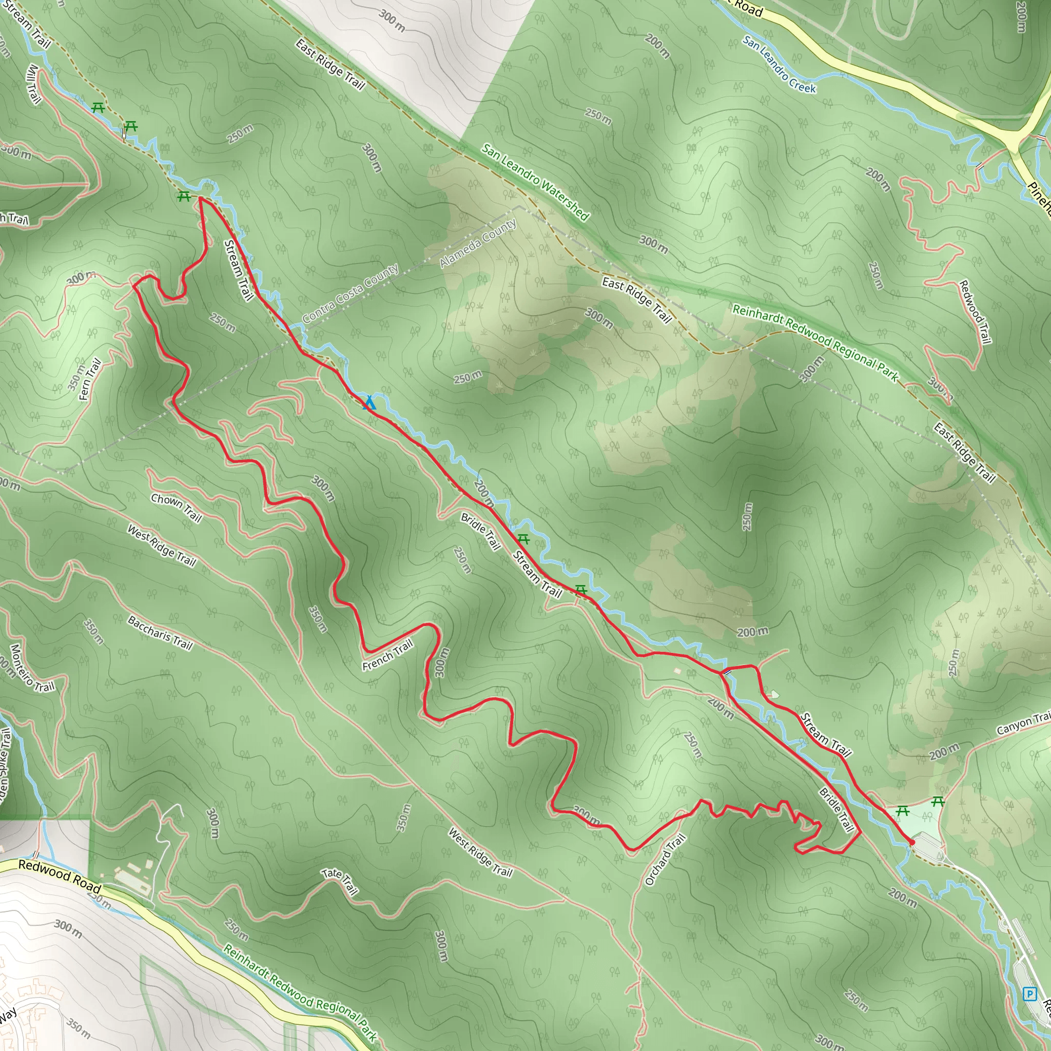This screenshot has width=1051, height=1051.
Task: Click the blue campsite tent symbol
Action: coord(369,402)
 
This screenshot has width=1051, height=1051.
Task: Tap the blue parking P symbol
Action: coord(1029,994)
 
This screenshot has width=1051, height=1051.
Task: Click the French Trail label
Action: coord(388,655)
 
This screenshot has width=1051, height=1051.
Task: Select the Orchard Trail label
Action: coord(665,860)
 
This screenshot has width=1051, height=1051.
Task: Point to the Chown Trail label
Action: coord(176,508)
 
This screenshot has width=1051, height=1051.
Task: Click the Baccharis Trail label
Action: coord(160,633)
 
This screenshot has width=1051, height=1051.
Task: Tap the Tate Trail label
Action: coord(341,881)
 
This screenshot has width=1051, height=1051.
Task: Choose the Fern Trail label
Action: coord(90,379)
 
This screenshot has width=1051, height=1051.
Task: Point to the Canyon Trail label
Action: coord(1023,724)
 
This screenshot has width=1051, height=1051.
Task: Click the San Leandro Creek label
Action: coord(779,65)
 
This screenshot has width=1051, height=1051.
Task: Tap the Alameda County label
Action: coord(478,243)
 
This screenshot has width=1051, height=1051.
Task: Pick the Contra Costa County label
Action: coord(351,293)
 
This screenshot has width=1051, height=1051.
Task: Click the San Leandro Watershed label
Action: coord(535,182)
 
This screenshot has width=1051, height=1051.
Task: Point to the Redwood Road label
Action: coord(60,875)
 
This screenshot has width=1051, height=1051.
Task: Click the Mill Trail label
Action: coord(33,84)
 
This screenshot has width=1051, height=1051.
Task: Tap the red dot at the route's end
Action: coord(912,842)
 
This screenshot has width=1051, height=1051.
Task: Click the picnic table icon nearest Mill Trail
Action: coord(98,108)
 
